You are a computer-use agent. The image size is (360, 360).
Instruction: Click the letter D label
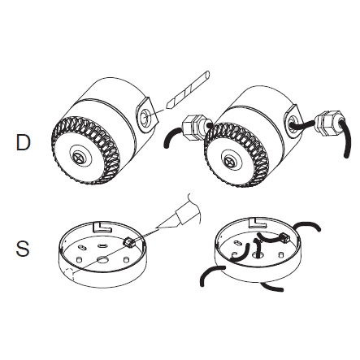click(x=23, y=142)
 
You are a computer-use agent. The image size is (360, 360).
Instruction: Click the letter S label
click(x=23, y=249)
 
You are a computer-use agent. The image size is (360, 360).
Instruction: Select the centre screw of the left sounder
click(x=80, y=157)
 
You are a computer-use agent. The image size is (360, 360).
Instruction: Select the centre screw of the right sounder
click(x=230, y=160)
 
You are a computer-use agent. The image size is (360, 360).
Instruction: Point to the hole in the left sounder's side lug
click(x=145, y=117)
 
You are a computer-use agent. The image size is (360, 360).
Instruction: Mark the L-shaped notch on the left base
click(x=102, y=227)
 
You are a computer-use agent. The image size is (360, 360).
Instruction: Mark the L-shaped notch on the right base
click(x=258, y=223)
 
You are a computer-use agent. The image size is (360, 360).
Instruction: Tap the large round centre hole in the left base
click(x=102, y=259)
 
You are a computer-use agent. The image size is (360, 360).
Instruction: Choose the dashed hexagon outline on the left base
click(x=70, y=275)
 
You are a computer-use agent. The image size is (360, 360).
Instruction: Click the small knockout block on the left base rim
click(x=128, y=242)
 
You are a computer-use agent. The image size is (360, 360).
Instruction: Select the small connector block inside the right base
click(x=285, y=237)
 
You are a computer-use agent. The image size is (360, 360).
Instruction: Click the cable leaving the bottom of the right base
click(x=272, y=287)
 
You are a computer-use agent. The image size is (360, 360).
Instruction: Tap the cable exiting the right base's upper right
click(x=307, y=225)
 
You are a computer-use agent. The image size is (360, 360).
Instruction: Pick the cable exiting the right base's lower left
click(x=211, y=274)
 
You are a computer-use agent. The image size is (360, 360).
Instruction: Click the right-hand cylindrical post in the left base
click(x=126, y=259)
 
